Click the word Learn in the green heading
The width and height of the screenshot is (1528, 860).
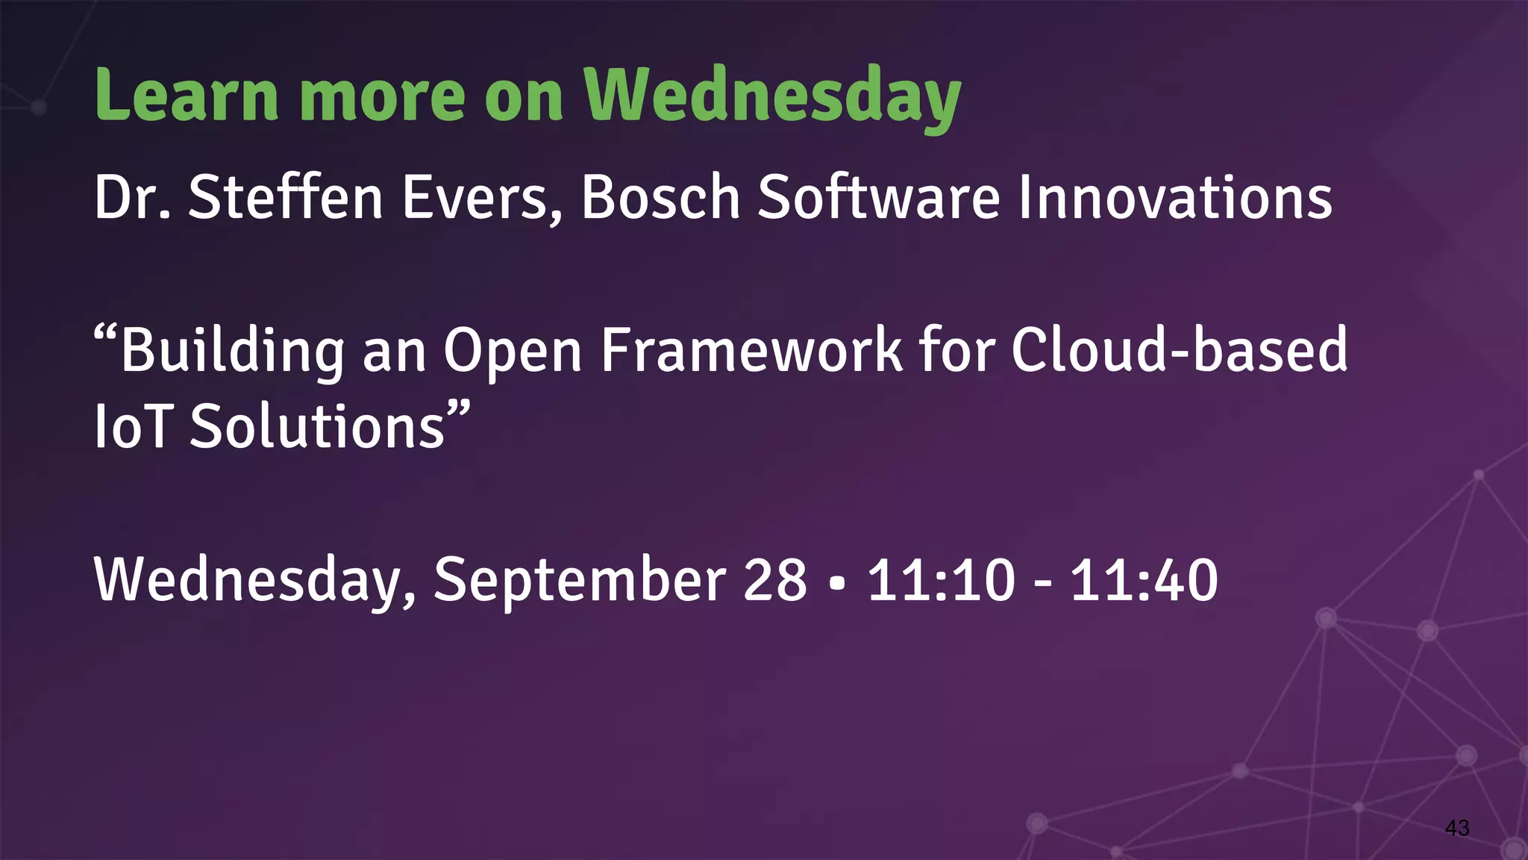[x=187, y=96]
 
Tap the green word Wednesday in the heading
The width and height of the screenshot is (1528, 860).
[x=772, y=97]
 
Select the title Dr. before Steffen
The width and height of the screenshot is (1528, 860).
[x=132, y=198]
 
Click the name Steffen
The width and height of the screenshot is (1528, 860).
[x=285, y=198]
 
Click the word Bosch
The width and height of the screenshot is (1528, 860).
[x=660, y=198]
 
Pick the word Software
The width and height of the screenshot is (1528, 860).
[x=878, y=198]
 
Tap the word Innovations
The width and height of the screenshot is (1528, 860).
[x=1175, y=198]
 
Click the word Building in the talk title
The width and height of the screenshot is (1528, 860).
[x=231, y=351]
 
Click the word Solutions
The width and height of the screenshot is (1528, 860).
[x=317, y=427]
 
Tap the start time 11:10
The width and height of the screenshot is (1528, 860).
[x=941, y=581]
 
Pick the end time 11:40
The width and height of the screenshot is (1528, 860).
[x=1144, y=581]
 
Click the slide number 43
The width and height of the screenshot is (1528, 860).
[x=1457, y=828]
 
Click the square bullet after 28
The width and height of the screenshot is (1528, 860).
[x=837, y=582]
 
